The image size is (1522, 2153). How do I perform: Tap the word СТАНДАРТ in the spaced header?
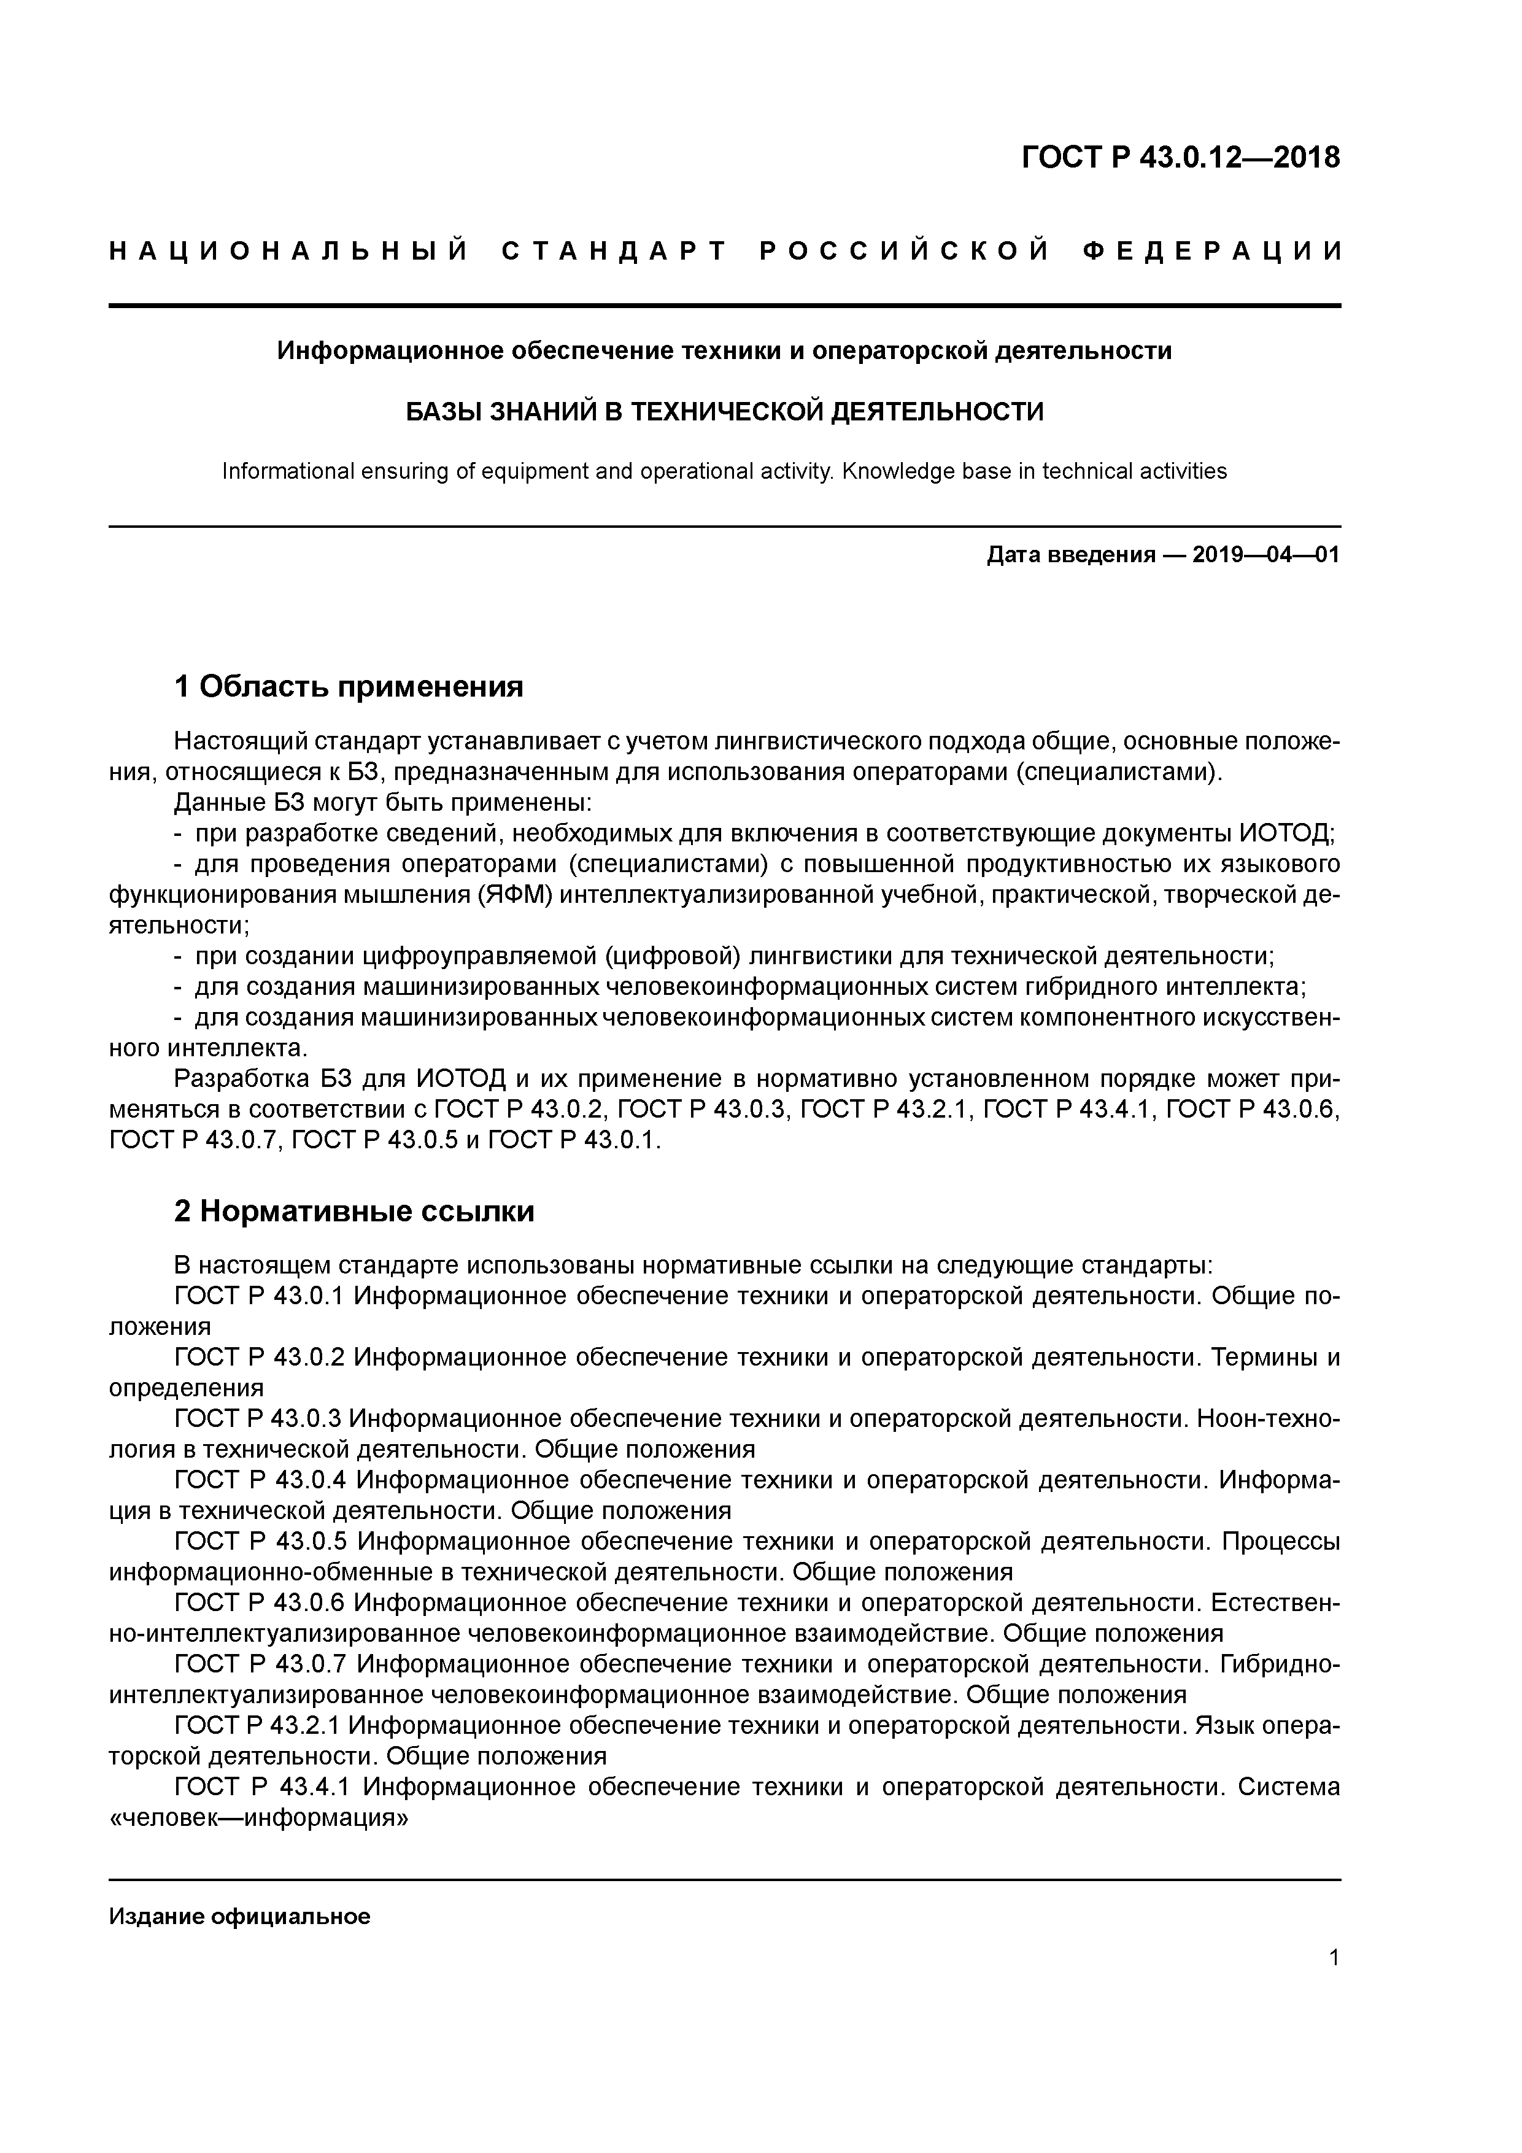tap(614, 251)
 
